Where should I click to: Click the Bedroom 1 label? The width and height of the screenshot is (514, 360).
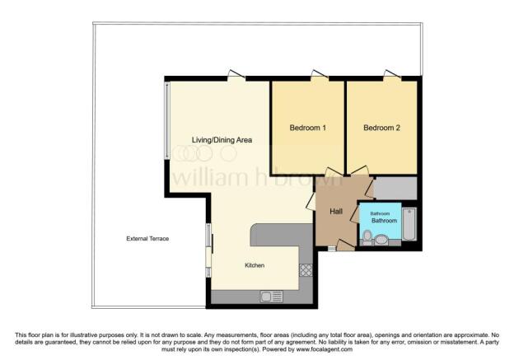(308, 128)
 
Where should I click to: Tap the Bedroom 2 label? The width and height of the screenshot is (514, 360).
(382, 128)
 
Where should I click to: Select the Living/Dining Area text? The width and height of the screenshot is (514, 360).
(222, 140)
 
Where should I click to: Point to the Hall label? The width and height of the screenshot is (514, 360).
(337, 212)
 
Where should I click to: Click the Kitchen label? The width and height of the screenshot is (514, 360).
(255, 265)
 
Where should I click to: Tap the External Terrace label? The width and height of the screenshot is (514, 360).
(147, 238)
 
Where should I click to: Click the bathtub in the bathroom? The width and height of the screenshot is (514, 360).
(412, 223)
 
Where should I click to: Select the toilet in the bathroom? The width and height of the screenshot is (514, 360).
(368, 237)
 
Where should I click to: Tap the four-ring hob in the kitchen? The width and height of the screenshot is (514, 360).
(306, 269)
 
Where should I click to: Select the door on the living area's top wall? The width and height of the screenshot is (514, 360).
(236, 77)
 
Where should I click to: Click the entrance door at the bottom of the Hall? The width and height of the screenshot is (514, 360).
(331, 247)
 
